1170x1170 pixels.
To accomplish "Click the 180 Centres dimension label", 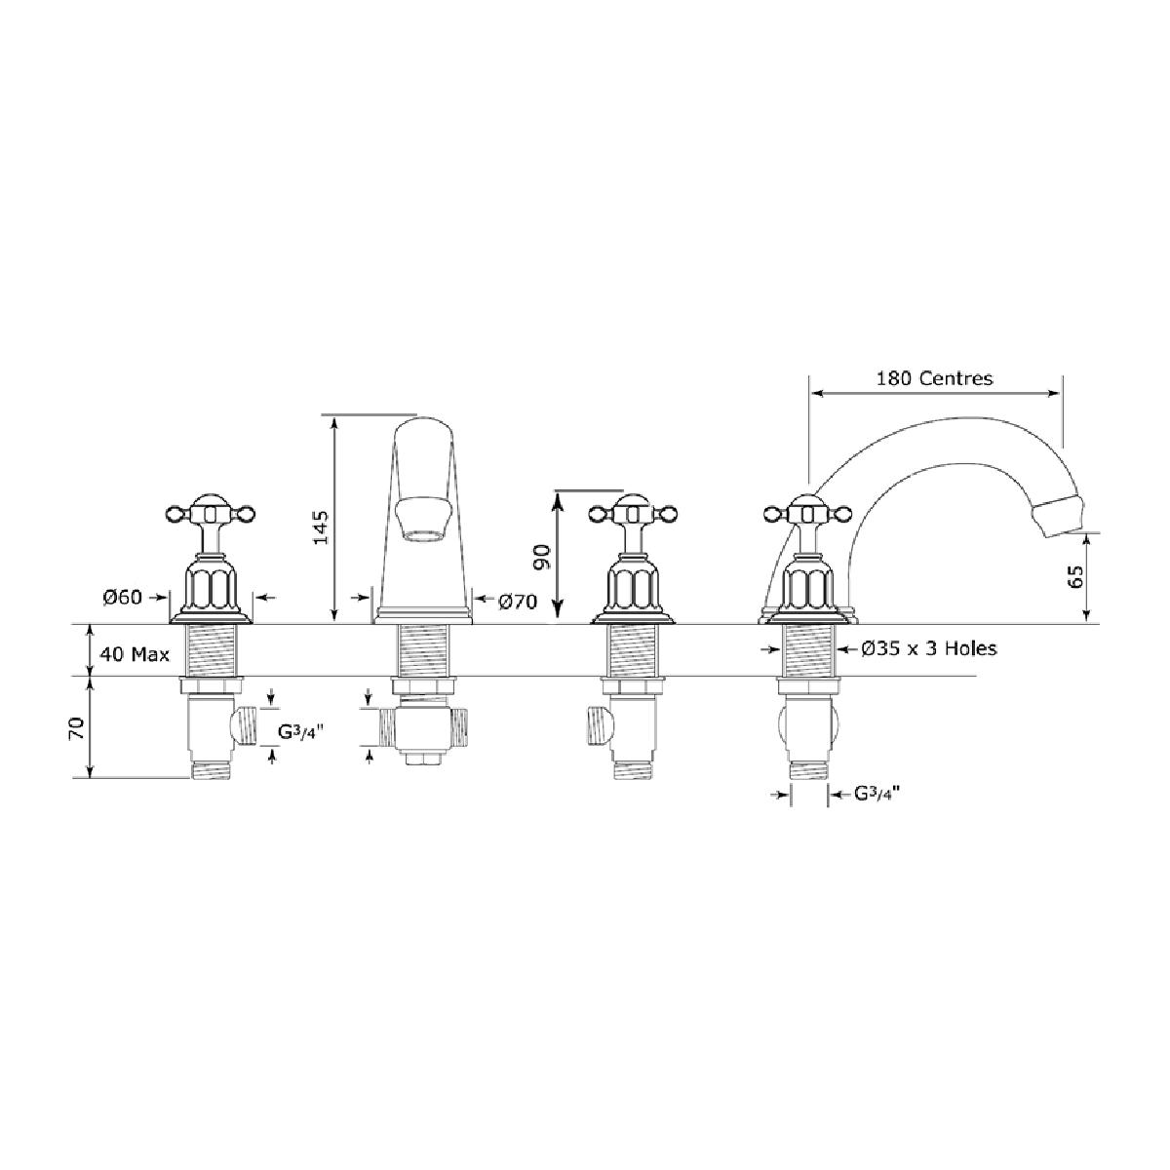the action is click(x=934, y=378).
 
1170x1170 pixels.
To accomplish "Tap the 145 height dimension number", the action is click(x=321, y=527).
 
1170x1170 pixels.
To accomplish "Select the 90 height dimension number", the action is click(x=541, y=557).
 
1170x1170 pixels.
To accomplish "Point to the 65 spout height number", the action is click(x=1075, y=576).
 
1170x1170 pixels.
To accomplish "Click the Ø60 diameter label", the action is click(x=123, y=598).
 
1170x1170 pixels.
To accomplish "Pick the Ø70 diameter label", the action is click(x=518, y=602).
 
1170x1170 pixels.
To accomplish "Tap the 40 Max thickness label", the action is click(x=135, y=654).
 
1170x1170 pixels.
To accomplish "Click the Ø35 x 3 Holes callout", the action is click(x=929, y=648).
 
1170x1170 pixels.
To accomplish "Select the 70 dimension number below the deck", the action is click(x=77, y=727).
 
